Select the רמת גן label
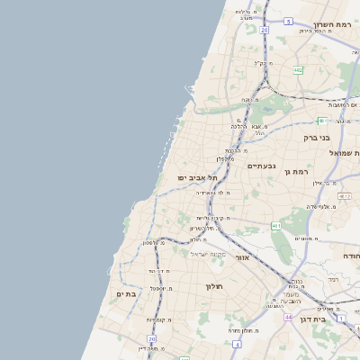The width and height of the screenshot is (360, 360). point(294,171)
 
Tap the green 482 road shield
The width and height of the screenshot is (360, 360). point(298,68)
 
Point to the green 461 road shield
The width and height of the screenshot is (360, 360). point(276,225)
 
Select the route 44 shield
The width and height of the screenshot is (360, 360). point(287,318)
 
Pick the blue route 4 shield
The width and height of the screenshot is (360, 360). point(236,344)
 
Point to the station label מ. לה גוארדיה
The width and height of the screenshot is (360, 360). point(215,193)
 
